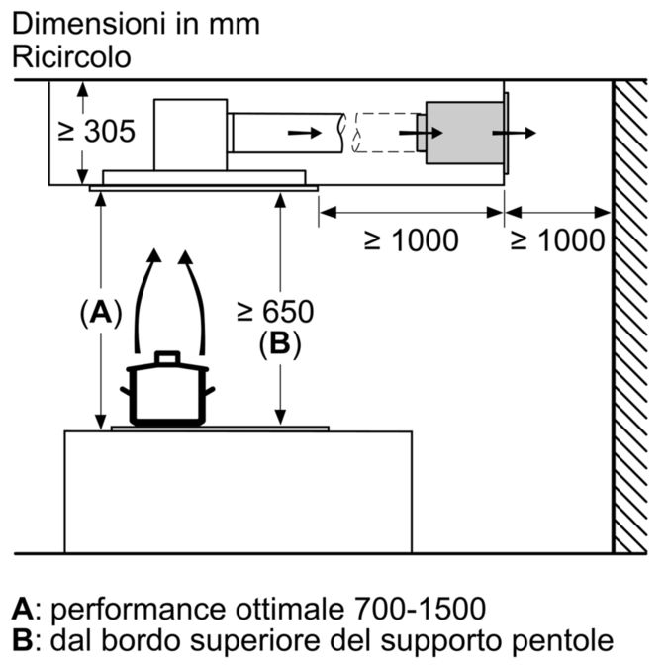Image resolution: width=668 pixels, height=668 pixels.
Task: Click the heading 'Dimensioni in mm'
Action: [x=136, y=23]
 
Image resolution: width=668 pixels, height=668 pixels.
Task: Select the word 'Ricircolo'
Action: [x=70, y=56]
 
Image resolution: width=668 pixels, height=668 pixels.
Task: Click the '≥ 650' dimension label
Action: [x=274, y=312]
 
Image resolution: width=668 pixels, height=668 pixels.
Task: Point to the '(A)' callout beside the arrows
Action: [x=99, y=314]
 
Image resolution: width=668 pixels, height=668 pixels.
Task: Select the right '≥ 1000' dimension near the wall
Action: [x=556, y=239]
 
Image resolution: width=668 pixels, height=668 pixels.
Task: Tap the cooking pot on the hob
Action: [x=166, y=392]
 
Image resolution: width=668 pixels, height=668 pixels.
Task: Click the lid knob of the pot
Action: [x=167, y=356]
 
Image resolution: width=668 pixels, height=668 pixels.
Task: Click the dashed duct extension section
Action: [x=384, y=133]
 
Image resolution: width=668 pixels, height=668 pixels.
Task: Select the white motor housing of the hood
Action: [x=191, y=133]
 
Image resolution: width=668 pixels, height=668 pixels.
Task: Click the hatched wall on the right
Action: [x=629, y=317]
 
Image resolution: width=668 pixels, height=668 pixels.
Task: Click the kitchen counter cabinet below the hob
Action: [x=238, y=492]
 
